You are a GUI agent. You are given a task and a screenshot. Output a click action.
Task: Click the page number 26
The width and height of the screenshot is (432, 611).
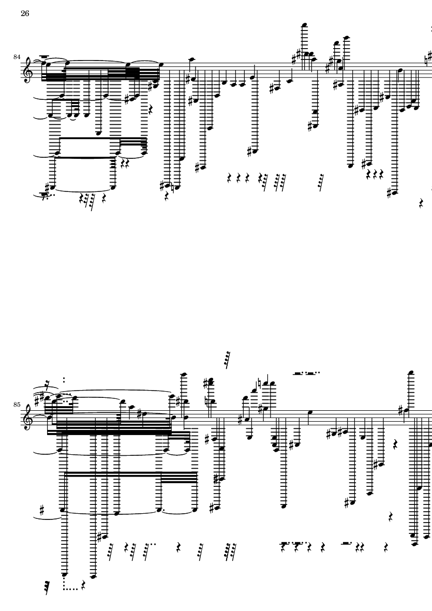[25, 13]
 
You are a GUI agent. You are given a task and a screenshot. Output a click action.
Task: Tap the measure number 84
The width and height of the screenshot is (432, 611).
[17, 57]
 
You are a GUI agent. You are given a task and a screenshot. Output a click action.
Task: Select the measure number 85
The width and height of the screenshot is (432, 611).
[17, 405]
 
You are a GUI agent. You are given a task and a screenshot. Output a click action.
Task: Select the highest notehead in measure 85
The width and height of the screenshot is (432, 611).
[410, 373]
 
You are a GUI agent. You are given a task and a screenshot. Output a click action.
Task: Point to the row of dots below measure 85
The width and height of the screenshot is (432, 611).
[71, 589]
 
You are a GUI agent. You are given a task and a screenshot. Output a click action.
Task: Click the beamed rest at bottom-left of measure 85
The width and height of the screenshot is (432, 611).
[47, 588]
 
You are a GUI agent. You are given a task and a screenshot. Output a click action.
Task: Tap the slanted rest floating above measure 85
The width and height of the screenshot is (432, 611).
[227, 359]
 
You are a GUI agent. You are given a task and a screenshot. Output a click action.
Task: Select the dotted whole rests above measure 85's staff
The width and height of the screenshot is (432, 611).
[307, 373]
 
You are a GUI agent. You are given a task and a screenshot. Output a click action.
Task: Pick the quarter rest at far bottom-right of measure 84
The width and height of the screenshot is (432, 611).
[421, 203]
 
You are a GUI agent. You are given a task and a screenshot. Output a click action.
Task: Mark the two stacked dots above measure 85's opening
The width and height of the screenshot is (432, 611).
[64, 380]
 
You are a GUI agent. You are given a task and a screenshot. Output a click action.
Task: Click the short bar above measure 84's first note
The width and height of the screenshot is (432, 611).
[44, 56]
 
